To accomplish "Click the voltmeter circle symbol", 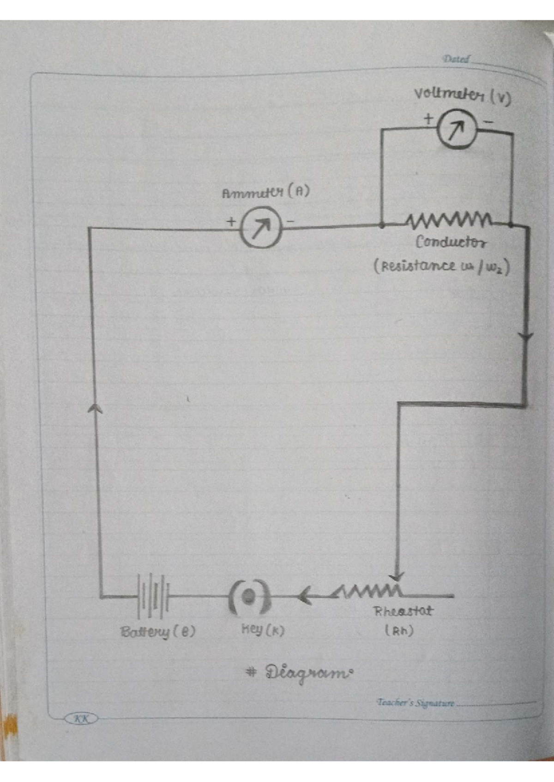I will click(x=456, y=130).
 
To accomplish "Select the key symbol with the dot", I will click(x=249, y=597).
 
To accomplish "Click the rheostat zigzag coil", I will click(x=369, y=591).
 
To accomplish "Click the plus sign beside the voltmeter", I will click(x=428, y=118).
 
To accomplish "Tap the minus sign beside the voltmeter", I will click(x=488, y=123).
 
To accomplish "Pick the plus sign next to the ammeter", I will click(x=231, y=221).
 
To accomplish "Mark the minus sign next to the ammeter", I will click(x=290, y=222).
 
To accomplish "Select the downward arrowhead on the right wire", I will click(x=526, y=337).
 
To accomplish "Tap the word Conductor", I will click(x=451, y=242).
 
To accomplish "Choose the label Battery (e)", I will click(x=157, y=631).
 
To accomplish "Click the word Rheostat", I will click(x=403, y=611).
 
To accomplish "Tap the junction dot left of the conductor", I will click(x=382, y=225).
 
